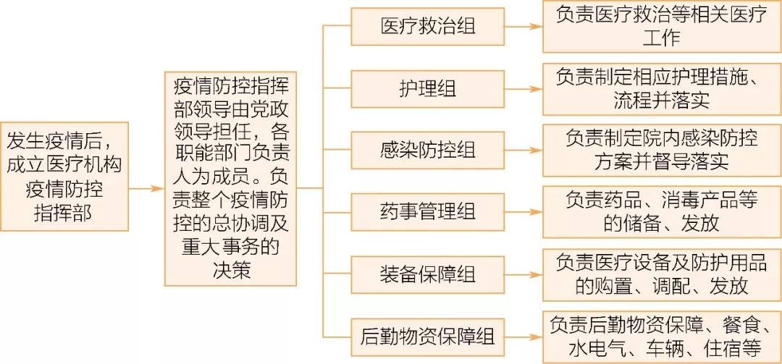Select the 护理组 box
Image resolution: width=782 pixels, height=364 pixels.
[x=427, y=90]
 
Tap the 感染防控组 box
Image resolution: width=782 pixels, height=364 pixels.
[x=427, y=151]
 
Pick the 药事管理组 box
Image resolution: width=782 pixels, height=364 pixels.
[x=427, y=213]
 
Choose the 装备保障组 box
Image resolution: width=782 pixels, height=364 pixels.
[x=427, y=275]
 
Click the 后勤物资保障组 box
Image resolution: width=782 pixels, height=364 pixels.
[x=427, y=337]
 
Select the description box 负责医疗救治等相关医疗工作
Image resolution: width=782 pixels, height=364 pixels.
[x=662, y=27]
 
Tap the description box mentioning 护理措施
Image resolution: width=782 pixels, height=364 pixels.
[x=662, y=89]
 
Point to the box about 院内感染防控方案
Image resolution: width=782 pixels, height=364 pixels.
[x=662, y=151]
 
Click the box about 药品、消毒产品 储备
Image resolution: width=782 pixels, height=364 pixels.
[x=662, y=213]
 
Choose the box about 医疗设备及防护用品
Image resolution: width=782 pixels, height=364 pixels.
[x=662, y=275]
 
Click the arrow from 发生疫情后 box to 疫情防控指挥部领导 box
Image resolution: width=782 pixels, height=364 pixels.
[x=146, y=189]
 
